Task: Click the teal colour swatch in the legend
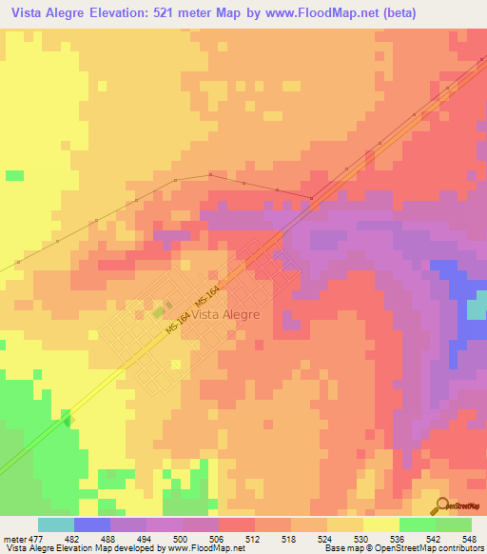[55, 524]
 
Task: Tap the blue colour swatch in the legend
[91, 524]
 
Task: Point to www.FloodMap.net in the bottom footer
[204, 548]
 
